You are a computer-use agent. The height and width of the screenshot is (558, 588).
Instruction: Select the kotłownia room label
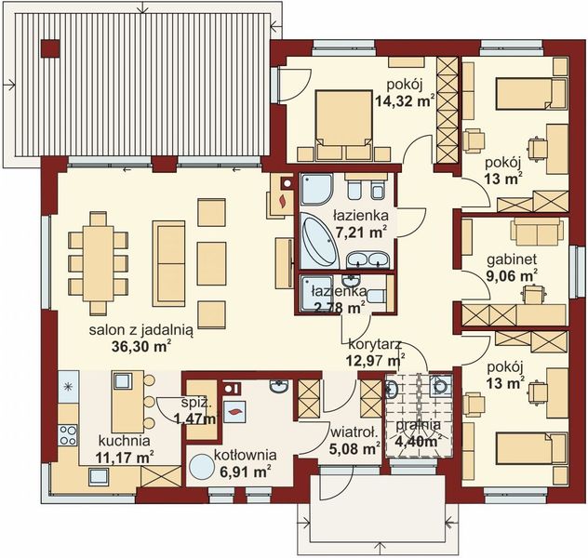tap(245, 455)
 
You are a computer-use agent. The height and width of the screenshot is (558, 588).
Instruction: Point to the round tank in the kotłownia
tap(202, 466)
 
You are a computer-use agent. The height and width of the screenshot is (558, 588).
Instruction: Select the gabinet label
tap(509, 259)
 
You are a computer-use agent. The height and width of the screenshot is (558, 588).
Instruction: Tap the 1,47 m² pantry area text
tap(194, 419)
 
